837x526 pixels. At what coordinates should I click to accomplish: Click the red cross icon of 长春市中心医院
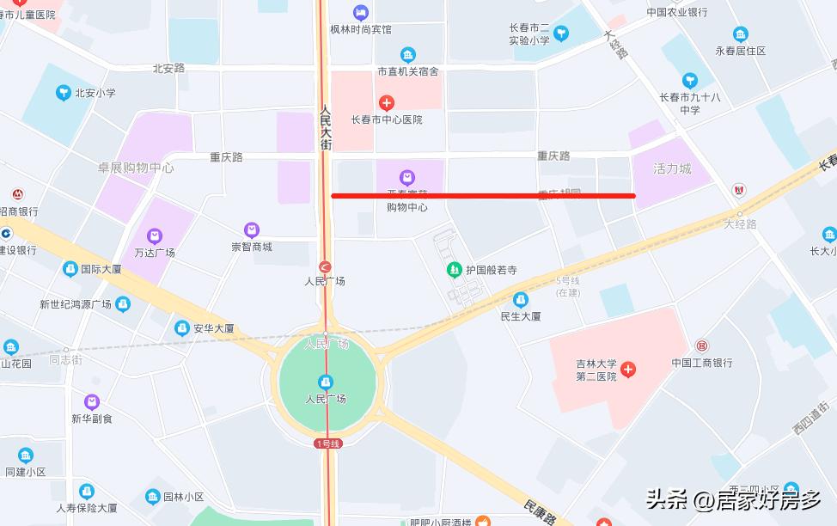click(387, 102)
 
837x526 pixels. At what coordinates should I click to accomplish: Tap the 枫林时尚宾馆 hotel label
click(361, 29)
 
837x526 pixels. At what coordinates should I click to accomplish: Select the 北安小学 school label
click(95, 93)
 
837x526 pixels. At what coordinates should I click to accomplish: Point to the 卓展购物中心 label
click(136, 168)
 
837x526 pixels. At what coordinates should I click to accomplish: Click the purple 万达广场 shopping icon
click(154, 235)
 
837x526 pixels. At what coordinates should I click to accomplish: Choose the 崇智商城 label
click(252, 247)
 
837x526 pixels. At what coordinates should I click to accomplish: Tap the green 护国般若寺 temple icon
click(454, 270)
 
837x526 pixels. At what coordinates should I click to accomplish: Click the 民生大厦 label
click(521, 316)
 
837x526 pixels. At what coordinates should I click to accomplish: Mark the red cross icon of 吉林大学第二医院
click(628, 370)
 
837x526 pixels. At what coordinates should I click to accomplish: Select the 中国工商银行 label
click(702, 363)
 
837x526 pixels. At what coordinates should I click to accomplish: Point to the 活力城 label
click(672, 168)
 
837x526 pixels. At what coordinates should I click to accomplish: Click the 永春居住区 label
click(741, 51)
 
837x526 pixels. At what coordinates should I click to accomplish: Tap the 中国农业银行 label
click(677, 12)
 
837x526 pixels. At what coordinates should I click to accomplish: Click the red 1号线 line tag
click(328, 443)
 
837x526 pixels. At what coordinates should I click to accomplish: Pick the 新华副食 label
click(92, 419)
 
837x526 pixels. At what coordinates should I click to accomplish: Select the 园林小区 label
click(183, 497)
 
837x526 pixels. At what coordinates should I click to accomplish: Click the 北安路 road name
click(168, 68)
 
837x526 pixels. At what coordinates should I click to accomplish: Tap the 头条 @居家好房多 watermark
click(733, 498)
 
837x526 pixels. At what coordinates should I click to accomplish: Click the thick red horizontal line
click(483, 196)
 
